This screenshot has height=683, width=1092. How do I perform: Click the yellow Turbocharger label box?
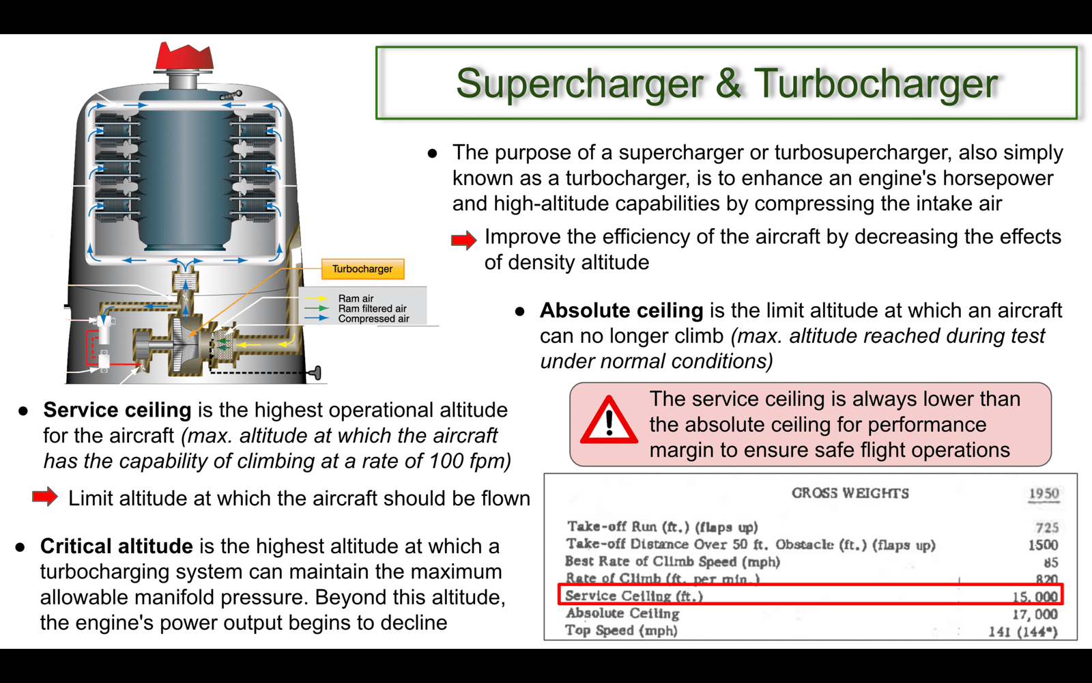[x=362, y=269]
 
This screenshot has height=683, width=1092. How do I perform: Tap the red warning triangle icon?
[x=609, y=421]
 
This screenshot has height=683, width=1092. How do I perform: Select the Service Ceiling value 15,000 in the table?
[x=1035, y=596]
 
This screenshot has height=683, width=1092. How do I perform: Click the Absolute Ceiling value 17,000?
[x=1035, y=614]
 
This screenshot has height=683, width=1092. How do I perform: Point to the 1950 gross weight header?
[x=1044, y=493]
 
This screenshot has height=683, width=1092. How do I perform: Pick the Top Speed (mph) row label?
[x=622, y=630]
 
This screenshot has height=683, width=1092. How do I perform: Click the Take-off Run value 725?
[x=1047, y=527]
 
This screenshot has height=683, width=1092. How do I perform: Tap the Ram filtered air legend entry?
[x=373, y=308]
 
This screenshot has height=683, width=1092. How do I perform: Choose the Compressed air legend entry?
[x=374, y=318]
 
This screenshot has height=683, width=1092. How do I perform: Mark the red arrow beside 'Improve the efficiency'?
[x=463, y=240]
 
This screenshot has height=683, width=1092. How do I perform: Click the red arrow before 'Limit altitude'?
[x=45, y=497]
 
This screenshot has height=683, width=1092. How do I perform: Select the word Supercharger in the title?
[x=579, y=84]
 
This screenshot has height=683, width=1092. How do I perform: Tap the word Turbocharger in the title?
[x=876, y=84]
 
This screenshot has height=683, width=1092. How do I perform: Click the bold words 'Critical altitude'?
[x=117, y=546]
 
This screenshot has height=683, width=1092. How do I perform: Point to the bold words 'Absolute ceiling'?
[x=622, y=310]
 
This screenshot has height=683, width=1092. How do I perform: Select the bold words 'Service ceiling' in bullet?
[x=117, y=410]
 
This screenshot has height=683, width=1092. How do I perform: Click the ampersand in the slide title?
[x=728, y=83]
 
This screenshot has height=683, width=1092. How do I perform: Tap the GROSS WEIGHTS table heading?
[x=850, y=493]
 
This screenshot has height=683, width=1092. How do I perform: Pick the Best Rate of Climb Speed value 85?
[x=1051, y=563]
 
